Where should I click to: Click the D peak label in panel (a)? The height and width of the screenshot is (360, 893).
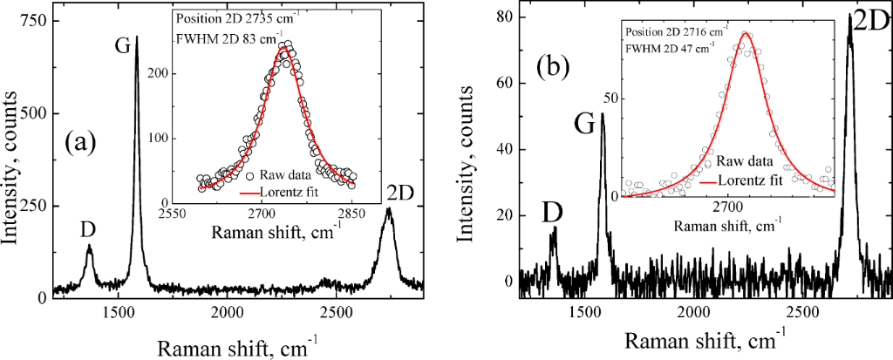pos(89,231)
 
